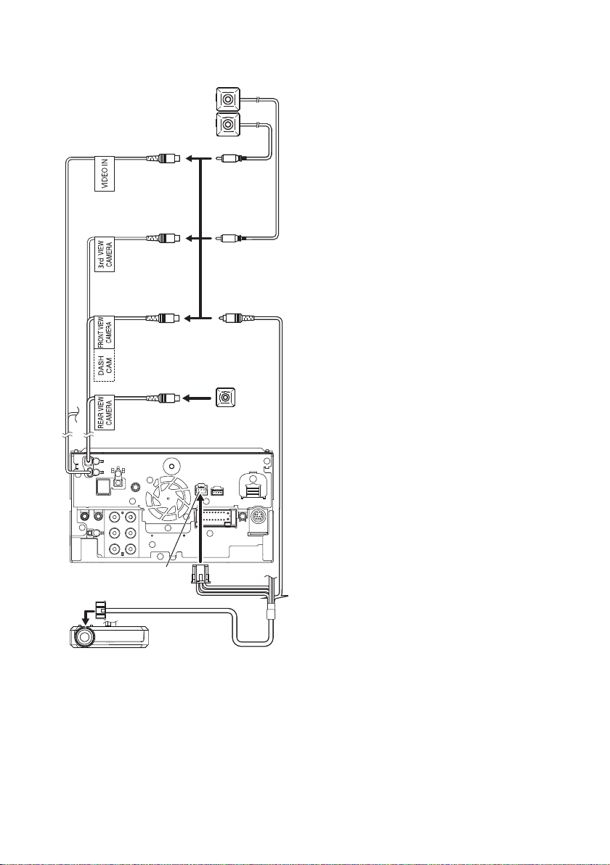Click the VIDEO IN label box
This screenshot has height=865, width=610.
point(105,171)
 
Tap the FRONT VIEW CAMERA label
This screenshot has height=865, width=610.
point(105,332)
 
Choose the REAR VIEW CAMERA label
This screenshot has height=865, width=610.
point(105,412)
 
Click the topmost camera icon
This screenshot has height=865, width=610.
point(227,100)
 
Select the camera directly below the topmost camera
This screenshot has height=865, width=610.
point(227,126)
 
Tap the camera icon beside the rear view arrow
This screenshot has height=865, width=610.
point(225,397)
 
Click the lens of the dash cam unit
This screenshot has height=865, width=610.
point(84,636)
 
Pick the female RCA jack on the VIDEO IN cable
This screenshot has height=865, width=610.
point(162,159)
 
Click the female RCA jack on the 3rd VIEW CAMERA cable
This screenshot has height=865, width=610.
point(162,238)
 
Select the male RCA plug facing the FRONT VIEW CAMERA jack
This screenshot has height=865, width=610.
point(237,318)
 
